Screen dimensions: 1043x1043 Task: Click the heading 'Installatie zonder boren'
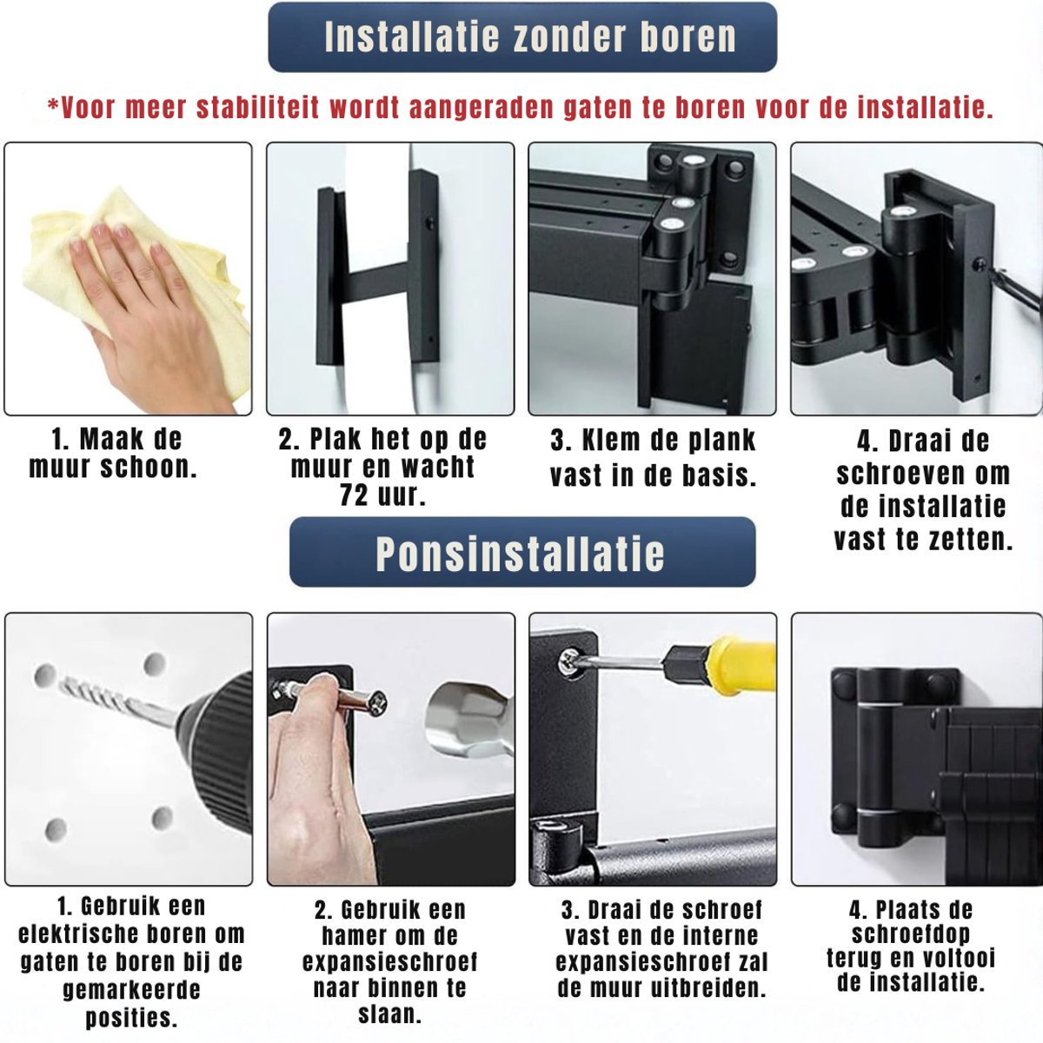[530, 37]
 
